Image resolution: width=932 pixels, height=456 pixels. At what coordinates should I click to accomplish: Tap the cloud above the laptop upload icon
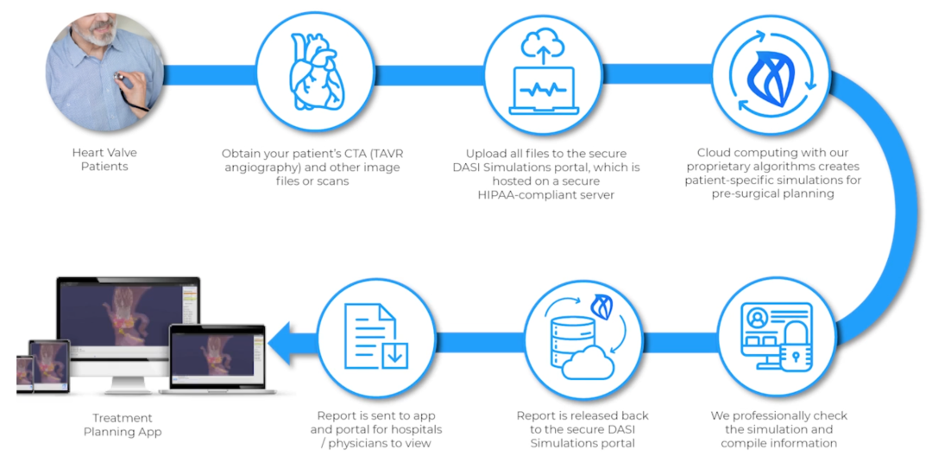(544, 41)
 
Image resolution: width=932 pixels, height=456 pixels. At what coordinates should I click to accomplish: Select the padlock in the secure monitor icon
(796, 348)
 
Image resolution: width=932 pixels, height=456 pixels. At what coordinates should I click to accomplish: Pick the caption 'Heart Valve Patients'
(104, 159)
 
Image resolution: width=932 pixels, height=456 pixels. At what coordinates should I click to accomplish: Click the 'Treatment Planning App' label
(123, 425)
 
